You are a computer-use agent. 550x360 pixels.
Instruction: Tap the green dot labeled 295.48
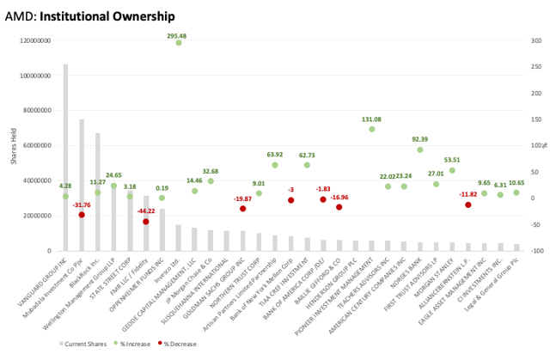coord(179,42)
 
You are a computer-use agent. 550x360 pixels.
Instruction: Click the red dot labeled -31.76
coord(82,215)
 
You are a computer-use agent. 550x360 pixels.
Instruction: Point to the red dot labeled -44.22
coord(146,222)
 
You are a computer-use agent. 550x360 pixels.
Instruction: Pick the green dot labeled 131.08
coord(372,129)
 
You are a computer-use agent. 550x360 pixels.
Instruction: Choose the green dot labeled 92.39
coord(420,149)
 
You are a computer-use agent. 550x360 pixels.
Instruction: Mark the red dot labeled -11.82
coord(468,204)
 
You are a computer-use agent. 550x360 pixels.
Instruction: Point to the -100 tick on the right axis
coord(536,251)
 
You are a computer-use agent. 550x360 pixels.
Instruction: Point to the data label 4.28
coord(65,186)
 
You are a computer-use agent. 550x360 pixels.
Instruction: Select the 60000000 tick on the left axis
coord(36,146)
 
